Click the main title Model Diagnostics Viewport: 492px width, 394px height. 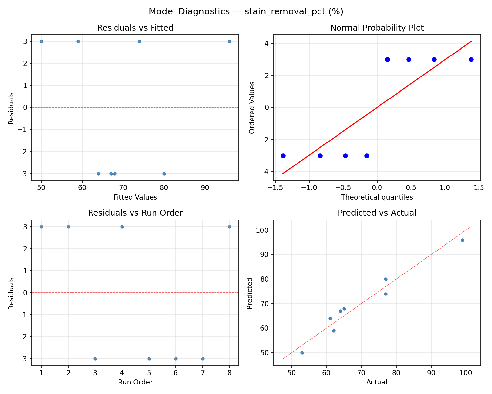pyautogui.click(x=246, y=11)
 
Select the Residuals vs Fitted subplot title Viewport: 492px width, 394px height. pyautogui.click(x=135, y=28)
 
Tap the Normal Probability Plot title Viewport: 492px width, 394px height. pyautogui.click(x=377, y=28)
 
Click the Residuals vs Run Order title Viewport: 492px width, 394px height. pyautogui.click(x=135, y=213)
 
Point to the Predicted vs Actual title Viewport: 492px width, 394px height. pyautogui.click(x=377, y=213)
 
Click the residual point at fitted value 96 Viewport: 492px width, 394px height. pyautogui.click(x=229, y=41)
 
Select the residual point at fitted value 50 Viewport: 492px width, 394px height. pyautogui.click(x=41, y=41)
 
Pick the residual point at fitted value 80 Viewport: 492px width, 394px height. pyautogui.click(x=164, y=174)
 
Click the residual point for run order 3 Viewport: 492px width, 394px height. pyautogui.click(x=95, y=359)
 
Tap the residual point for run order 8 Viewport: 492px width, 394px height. pyautogui.click(x=229, y=227)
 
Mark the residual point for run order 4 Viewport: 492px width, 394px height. pyautogui.click(x=122, y=227)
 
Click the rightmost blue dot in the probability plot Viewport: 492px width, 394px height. pyautogui.click(x=471, y=59)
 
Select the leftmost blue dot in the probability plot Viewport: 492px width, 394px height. pyautogui.click(x=283, y=156)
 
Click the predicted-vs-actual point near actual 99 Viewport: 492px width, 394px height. pyautogui.click(x=462, y=240)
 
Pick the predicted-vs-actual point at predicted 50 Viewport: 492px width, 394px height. pyautogui.click(x=302, y=353)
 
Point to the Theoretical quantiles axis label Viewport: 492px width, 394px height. pyautogui.click(x=377, y=197)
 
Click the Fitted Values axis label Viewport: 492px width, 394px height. pyautogui.click(x=135, y=197)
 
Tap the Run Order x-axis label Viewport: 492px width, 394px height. pyautogui.click(x=135, y=382)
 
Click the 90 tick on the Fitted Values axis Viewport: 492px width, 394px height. pyautogui.click(x=205, y=188)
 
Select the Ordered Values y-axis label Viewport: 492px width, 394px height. pyautogui.click(x=252, y=107)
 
